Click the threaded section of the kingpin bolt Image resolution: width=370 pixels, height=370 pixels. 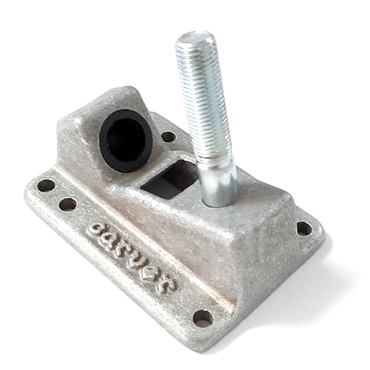(203, 96)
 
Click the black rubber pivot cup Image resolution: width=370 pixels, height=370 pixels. (126, 141)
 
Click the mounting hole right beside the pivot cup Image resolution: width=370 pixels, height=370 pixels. (169, 137)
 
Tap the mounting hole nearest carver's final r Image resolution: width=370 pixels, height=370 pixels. (203, 318)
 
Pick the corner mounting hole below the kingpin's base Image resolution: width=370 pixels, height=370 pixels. (304, 229)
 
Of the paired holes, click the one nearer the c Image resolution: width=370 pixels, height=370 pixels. (68, 204)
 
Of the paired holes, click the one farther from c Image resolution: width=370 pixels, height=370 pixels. (46, 186)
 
